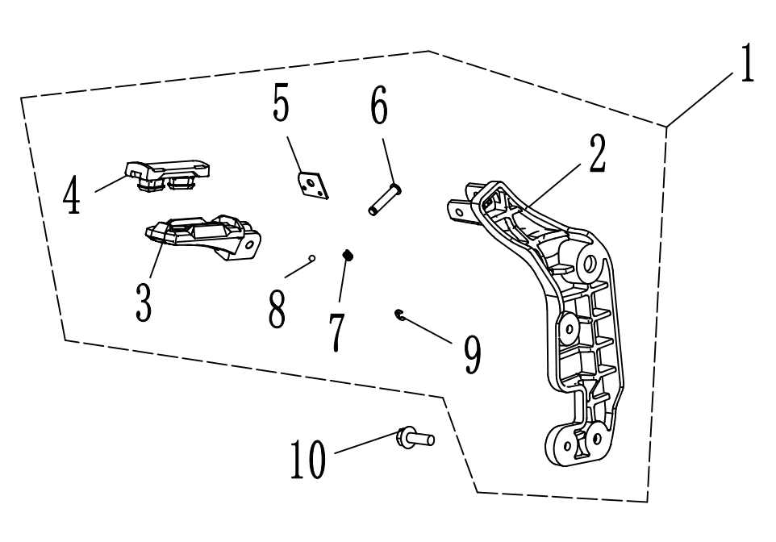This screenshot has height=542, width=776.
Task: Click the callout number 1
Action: point(748,65)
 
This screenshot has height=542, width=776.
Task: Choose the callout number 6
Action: point(379,106)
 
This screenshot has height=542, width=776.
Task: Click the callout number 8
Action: point(277,310)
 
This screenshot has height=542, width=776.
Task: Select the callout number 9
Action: point(473,355)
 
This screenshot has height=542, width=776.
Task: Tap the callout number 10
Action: point(309,461)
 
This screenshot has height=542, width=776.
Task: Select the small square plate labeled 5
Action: point(311,185)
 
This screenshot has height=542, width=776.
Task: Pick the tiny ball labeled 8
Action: point(313,259)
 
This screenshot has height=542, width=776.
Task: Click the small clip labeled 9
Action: point(399,315)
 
